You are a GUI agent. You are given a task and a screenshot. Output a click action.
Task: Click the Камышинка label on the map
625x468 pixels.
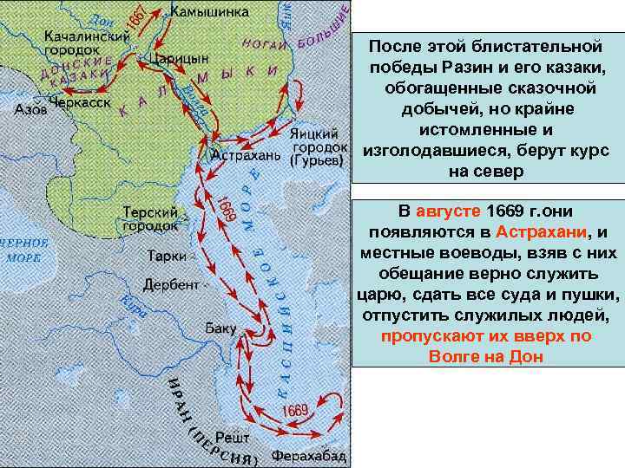tap(209, 12)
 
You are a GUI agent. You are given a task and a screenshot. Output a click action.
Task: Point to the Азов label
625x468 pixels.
tap(31, 110)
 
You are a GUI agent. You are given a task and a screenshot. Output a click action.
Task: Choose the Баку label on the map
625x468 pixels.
tap(220, 329)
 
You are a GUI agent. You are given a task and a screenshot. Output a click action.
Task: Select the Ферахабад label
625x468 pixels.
tap(309, 456)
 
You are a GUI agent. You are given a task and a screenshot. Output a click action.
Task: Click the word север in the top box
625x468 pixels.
tap(497, 172)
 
